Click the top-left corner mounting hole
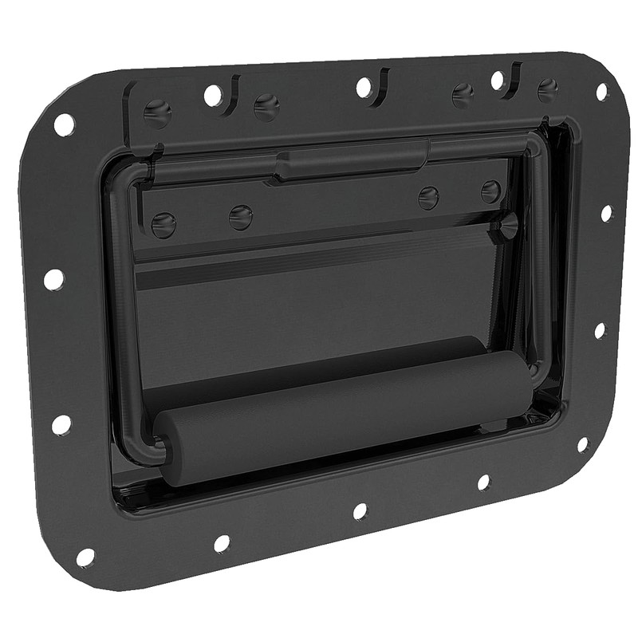click(64, 124)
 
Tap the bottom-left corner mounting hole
click(85, 557)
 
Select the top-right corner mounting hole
click(602, 92)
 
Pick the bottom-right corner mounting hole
click(582, 444)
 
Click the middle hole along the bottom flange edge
click(360, 511)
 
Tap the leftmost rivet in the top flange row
click(157, 112)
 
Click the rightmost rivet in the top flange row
click(547, 89)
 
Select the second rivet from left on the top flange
click(266, 107)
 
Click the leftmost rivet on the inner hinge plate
click(163, 225)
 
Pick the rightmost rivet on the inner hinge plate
click(491, 191)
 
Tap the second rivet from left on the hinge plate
click(240, 217)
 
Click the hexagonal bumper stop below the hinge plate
click(504, 226)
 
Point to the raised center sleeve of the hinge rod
click(351, 159)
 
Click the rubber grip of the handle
click(335, 415)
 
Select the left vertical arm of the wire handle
click(122, 319)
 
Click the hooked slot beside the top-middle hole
click(383, 80)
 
